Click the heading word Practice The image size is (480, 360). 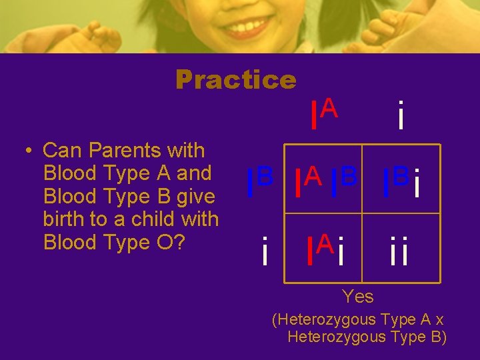coord(235,80)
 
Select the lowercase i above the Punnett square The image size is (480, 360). coord(400,115)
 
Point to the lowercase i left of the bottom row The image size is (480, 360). coord(265,249)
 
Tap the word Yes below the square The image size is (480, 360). coord(357,295)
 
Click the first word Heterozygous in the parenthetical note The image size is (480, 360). coord(329,320)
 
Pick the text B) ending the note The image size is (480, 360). coord(437,337)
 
